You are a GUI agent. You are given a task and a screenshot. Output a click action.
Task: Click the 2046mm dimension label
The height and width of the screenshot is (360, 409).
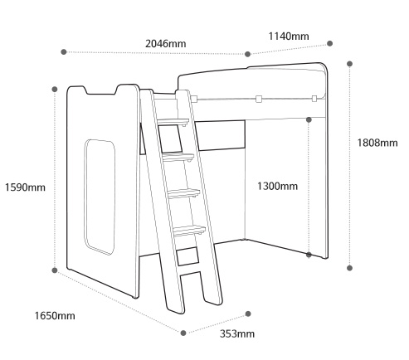[165, 44]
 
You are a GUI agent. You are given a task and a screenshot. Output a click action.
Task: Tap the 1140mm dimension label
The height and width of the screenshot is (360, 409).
[289, 36]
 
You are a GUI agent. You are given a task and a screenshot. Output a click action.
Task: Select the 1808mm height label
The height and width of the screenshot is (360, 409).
[377, 143]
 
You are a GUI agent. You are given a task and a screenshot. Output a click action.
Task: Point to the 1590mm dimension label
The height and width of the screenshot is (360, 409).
[25, 187]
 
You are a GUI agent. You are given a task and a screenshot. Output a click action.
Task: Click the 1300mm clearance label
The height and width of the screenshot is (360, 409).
[278, 186]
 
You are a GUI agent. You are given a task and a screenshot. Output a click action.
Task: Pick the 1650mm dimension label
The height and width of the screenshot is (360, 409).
[55, 315]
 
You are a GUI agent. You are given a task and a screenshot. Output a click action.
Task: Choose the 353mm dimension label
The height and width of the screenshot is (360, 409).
[237, 333]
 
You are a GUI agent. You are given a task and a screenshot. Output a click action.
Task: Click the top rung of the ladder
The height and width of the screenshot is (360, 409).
[173, 122]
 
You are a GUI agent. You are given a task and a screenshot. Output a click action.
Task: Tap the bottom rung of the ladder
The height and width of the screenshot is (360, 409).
[189, 231]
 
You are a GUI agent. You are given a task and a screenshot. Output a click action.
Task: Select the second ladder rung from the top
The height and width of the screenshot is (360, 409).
[178, 157]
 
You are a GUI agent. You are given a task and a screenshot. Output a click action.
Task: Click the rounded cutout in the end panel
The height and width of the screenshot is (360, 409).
[100, 197]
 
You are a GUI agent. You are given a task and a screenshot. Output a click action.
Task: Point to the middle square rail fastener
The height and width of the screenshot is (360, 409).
[259, 99]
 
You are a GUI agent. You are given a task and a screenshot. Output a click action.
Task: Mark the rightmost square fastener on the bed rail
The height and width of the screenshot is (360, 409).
[314, 99]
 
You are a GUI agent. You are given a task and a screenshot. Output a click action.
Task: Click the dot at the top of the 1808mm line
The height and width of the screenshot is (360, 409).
[349, 64]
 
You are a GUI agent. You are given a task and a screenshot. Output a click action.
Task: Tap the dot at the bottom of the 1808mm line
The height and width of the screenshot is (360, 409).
[349, 268]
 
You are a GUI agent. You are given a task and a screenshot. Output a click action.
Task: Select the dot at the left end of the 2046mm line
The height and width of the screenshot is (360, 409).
[64, 51]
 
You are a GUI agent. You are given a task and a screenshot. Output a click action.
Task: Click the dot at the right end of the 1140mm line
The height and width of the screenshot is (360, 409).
[329, 43]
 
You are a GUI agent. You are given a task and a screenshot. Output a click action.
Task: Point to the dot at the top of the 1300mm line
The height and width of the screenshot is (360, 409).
[309, 119]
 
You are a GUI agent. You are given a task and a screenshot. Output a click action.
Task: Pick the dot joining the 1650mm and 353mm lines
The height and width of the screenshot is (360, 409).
[183, 333]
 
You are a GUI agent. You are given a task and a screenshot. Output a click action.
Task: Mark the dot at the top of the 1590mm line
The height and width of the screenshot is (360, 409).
[55, 89]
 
